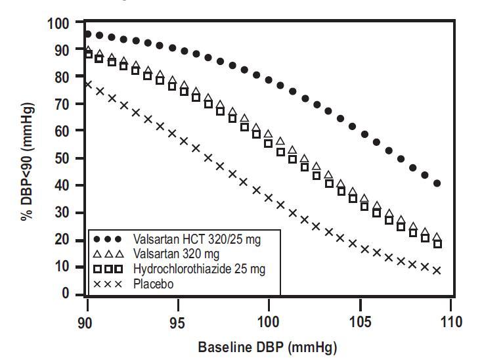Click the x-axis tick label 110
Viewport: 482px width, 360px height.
pyautogui.click(x=451, y=323)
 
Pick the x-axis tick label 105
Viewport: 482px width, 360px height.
pyautogui.click(x=359, y=323)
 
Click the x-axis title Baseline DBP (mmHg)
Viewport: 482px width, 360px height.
pyautogui.click(x=269, y=347)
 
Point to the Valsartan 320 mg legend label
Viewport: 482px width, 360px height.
pyautogui.click(x=173, y=255)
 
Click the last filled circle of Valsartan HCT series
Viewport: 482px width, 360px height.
pyautogui.click(x=437, y=183)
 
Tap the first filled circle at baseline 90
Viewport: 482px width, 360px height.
pyautogui.click(x=88, y=34)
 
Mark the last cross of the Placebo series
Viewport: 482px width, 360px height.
pyautogui.click(x=437, y=270)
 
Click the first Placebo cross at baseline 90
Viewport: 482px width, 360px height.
pyautogui.click(x=88, y=84)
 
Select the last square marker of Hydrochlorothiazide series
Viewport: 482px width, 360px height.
pyautogui.click(x=437, y=244)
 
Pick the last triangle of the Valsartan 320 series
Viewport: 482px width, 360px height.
pyautogui.click(x=437, y=237)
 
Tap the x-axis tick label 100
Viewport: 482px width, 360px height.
pyautogui.click(x=269, y=323)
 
